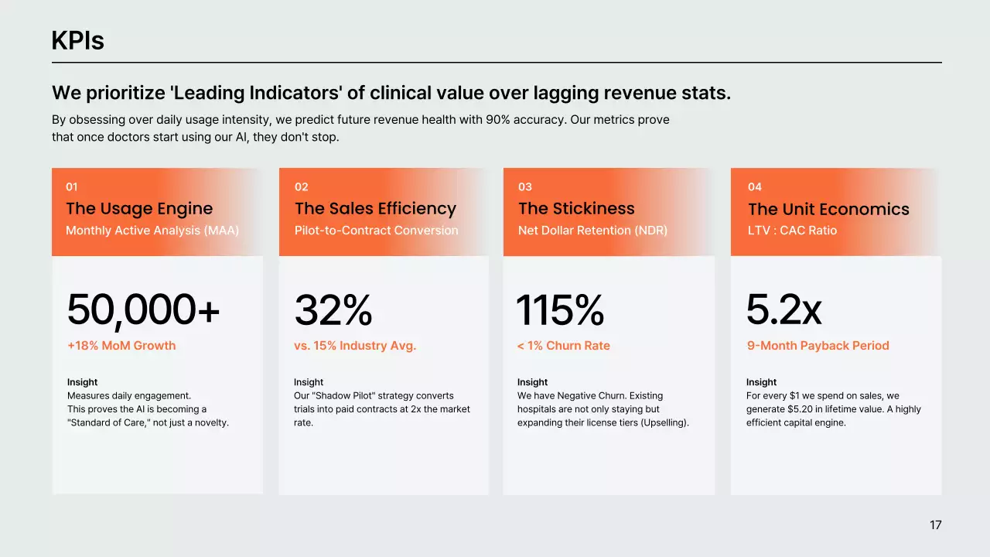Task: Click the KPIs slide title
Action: (x=77, y=40)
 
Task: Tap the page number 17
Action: (x=935, y=525)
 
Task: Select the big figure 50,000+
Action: (x=143, y=310)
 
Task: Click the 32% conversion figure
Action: (x=333, y=310)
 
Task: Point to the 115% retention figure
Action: (x=560, y=310)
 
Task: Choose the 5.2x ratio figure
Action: (x=783, y=310)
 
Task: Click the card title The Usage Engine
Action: (x=139, y=209)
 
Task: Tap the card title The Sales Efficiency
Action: (x=375, y=209)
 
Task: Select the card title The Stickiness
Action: (x=576, y=209)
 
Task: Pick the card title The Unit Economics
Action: (x=828, y=210)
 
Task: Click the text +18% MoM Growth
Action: (x=121, y=346)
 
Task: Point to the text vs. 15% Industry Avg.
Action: (x=355, y=346)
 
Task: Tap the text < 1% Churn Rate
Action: (x=564, y=346)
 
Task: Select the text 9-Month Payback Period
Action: (x=818, y=346)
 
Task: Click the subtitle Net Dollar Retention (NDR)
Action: (x=592, y=231)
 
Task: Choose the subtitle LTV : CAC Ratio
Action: (x=792, y=231)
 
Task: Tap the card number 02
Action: (x=302, y=186)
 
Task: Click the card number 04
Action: (x=755, y=186)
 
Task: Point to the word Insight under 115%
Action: (x=532, y=382)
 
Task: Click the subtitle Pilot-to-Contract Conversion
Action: (x=376, y=231)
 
